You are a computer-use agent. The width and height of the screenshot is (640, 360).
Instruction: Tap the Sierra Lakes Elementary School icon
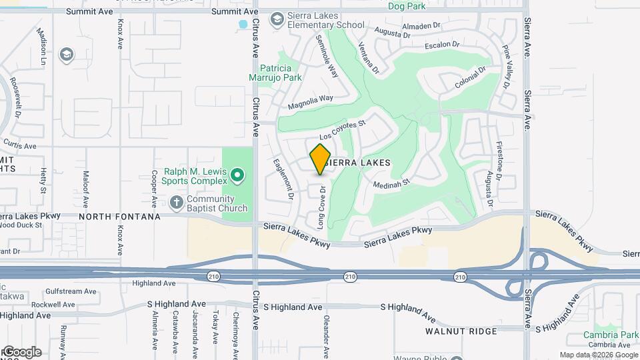coord(276,19)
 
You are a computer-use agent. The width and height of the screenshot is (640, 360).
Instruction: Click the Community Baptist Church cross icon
coord(176,201)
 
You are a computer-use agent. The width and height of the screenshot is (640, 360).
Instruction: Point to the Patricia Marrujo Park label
coord(280,73)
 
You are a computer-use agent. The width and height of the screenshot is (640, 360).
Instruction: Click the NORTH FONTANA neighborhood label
coord(119,217)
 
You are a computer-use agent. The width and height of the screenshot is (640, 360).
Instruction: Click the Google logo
coord(21,351)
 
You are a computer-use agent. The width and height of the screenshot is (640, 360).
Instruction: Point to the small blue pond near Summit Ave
coord(243,25)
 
